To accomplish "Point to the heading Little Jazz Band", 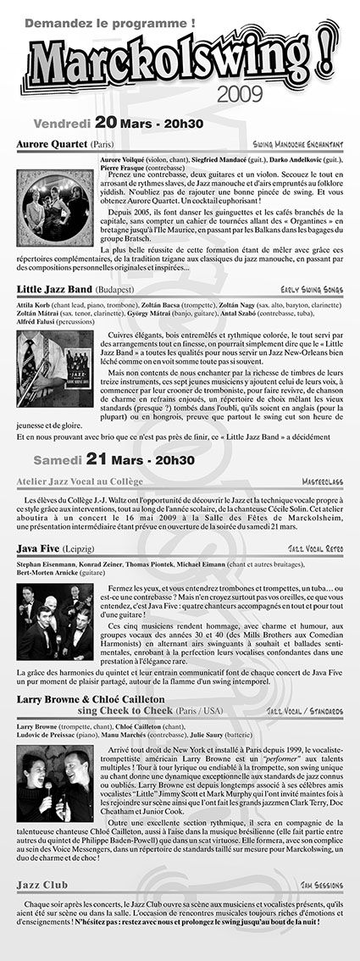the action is (50, 289).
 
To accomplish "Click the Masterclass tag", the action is (322, 481).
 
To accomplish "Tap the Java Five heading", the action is (39, 548).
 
